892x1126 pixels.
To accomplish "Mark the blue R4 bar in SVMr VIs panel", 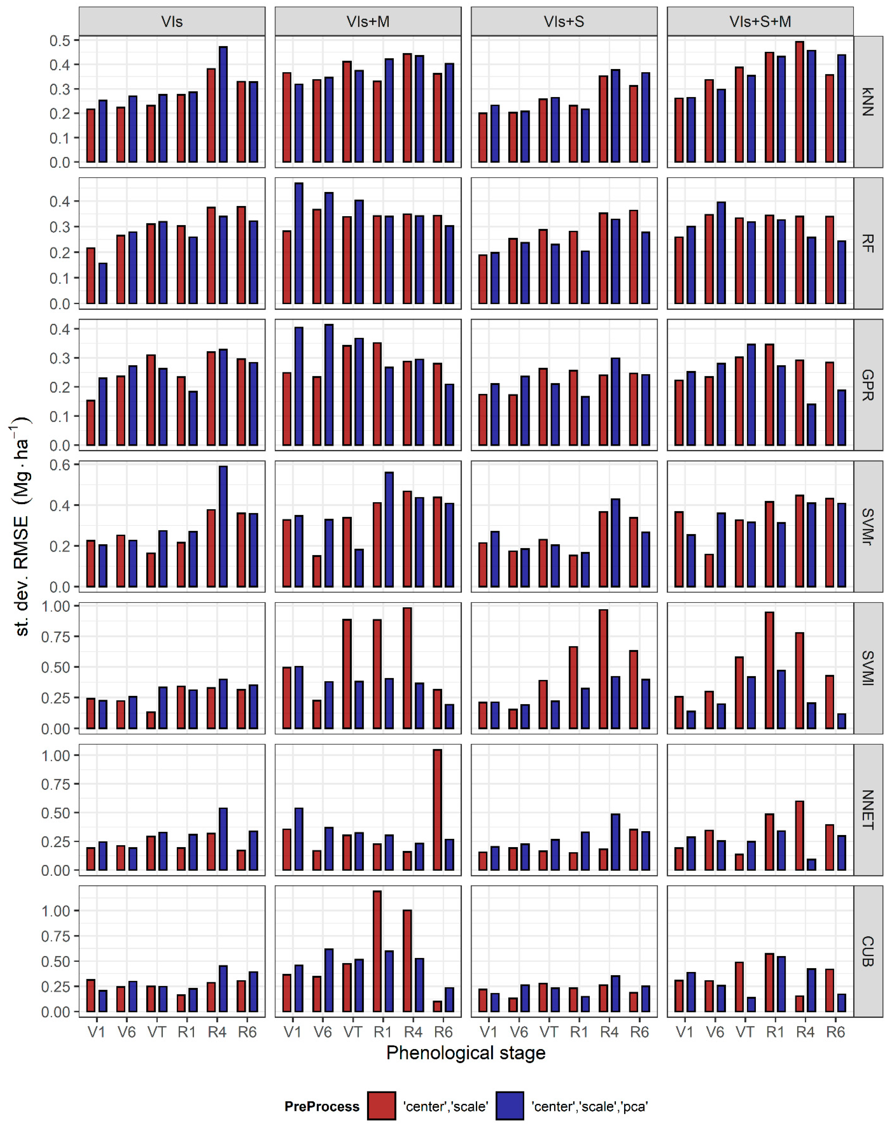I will [x=223, y=526].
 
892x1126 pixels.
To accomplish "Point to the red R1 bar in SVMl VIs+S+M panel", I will [x=769, y=670].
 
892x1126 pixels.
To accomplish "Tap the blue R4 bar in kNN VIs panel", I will [x=223, y=105].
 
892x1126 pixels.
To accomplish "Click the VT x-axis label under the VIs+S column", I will [x=549, y=1032].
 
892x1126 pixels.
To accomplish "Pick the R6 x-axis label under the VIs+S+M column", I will [x=836, y=1032].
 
